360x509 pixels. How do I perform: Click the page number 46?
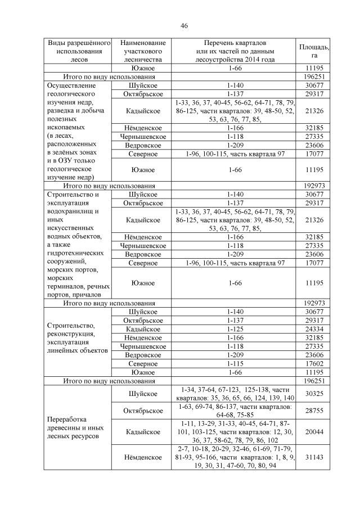(x=184, y=26)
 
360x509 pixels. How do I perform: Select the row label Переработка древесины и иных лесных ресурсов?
(x=76, y=427)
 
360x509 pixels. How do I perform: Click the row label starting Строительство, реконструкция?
(x=76, y=337)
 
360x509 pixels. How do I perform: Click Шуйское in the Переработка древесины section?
(x=143, y=394)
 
